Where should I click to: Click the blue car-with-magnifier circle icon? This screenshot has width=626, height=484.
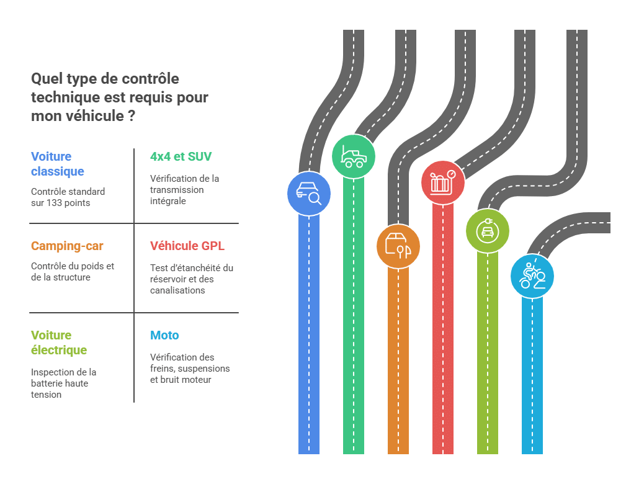click(309, 194)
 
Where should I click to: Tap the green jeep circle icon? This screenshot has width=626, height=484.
click(353, 156)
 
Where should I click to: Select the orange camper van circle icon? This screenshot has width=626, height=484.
click(398, 246)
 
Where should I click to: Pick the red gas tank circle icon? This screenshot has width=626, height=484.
click(443, 182)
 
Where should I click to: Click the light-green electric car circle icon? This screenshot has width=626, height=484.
click(488, 231)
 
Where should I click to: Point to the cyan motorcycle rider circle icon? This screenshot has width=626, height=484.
click(532, 276)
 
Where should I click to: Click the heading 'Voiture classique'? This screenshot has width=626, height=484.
click(58, 164)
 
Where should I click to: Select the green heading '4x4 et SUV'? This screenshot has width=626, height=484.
click(181, 156)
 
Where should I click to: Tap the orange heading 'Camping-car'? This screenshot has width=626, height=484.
click(67, 246)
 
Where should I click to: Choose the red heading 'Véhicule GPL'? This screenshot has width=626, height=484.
click(187, 246)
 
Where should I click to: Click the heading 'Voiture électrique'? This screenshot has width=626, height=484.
click(59, 343)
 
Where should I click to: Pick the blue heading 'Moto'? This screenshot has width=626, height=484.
click(164, 336)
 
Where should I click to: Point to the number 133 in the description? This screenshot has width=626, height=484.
click(55, 203)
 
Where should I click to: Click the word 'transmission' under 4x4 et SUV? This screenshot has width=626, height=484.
click(177, 190)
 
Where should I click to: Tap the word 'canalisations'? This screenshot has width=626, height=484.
click(177, 290)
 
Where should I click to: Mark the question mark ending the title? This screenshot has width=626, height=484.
click(132, 116)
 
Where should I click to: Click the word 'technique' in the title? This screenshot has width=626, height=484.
click(66, 98)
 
